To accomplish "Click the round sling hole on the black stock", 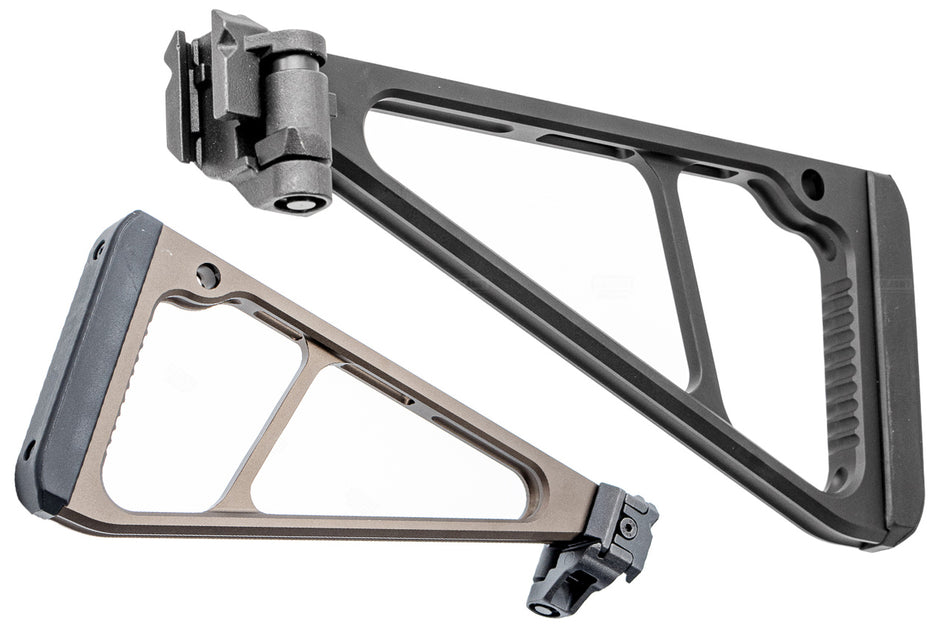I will coord(813,184).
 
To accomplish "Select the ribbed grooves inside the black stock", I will coord(840,360).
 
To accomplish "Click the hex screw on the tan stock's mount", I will coord(627,525).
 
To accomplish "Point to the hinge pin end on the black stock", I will coord(301,203).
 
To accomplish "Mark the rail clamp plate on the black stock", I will coord(179,95).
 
